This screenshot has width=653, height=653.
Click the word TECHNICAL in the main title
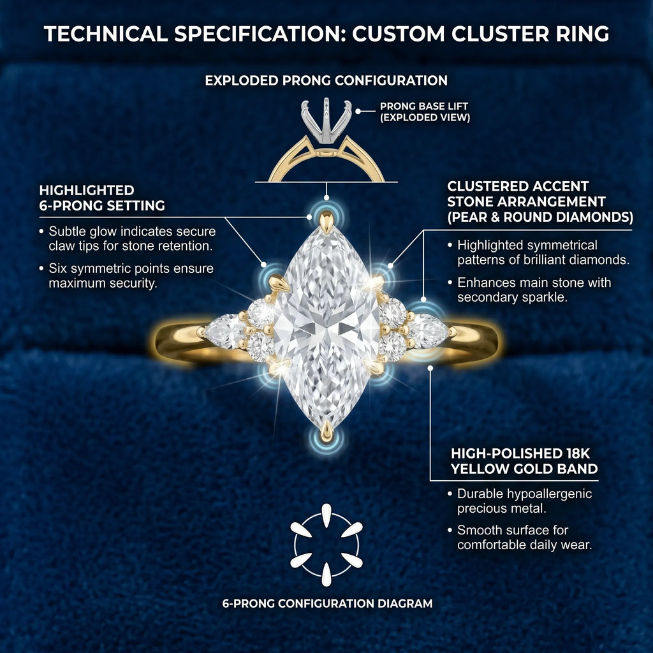pos(106,34)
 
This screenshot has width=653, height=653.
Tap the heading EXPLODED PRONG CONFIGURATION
pos(326,80)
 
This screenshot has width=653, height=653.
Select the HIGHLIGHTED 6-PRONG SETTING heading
pos(102,198)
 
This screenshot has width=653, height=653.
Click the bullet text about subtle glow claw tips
pos(131,238)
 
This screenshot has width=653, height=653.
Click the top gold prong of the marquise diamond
pos(326,222)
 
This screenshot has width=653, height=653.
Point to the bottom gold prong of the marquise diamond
pos(326,431)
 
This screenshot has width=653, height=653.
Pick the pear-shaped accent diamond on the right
pos(429,331)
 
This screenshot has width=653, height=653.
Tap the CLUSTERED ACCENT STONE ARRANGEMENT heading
pos(540,202)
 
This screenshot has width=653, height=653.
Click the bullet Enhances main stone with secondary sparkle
pos(534,290)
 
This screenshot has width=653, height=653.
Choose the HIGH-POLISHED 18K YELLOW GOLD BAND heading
pos(524,461)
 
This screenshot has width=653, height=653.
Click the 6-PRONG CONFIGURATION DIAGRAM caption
pos(327,603)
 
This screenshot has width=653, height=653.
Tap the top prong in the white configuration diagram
pos(326,515)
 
